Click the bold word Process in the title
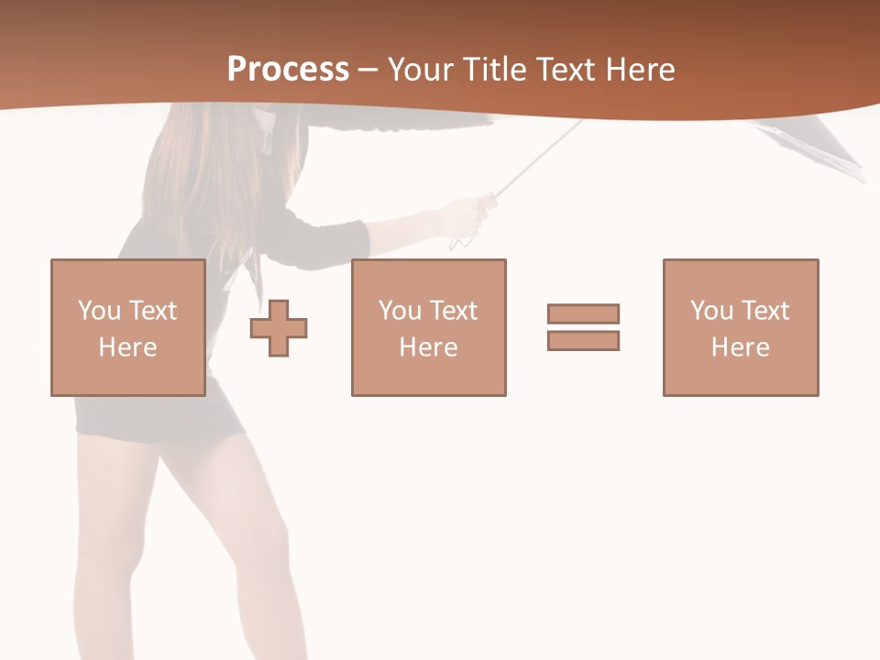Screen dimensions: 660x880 click(288, 70)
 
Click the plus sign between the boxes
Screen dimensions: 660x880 click(279, 328)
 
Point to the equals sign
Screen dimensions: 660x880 click(583, 327)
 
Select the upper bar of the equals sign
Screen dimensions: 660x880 click(583, 313)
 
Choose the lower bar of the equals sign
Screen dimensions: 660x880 click(583, 340)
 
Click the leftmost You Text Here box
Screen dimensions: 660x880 click(128, 327)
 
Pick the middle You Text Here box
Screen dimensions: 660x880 click(429, 327)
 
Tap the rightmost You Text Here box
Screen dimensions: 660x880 click(741, 327)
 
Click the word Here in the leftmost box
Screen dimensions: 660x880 click(128, 347)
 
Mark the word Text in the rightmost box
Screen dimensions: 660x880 click(765, 311)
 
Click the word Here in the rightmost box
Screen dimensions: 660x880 click(741, 347)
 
